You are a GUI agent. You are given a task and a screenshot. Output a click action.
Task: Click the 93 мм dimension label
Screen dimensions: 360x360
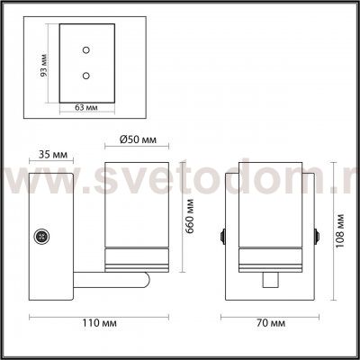tap(44, 65)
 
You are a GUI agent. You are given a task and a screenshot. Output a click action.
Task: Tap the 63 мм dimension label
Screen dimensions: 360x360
tap(86, 107)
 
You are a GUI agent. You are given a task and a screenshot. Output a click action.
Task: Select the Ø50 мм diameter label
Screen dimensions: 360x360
tap(138, 139)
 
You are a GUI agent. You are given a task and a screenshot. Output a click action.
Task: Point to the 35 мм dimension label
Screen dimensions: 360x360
tap(53, 155)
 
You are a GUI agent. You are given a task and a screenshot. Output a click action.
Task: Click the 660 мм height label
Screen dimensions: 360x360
tap(190, 216)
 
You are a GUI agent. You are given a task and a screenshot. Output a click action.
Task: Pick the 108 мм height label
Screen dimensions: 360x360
tap(339, 231)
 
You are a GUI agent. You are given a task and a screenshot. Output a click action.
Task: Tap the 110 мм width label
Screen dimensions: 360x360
tap(99, 323)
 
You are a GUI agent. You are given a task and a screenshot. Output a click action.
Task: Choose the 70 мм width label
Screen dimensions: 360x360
tap(271, 323)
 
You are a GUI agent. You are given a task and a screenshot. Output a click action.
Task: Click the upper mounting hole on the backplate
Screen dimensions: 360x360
tap(86, 49)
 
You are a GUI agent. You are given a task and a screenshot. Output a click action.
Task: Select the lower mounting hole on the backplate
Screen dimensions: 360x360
tap(86, 76)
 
